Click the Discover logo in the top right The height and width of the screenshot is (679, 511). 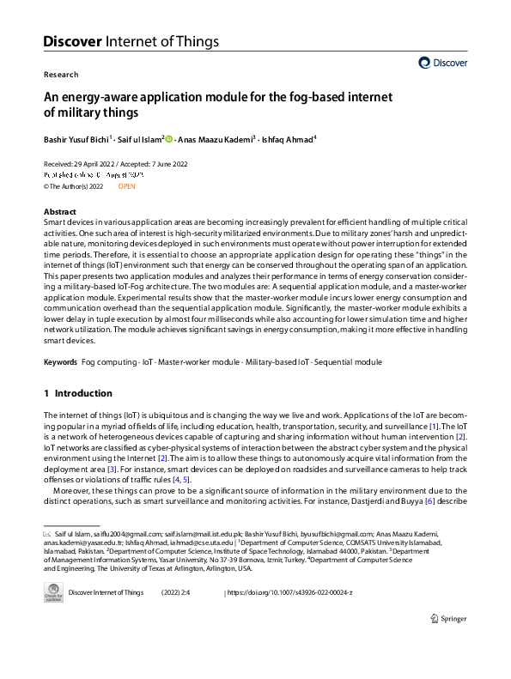tap(443, 63)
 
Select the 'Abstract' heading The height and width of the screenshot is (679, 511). tap(60, 211)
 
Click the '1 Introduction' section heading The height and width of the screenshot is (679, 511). tap(78, 393)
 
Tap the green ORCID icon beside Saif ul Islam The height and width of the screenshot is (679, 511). tap(169, 138)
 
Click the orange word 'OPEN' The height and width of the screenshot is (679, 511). tap(126, 185)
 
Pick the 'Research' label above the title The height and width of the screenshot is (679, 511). tap(60, 75)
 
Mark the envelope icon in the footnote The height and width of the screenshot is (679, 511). tap(48, 534)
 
